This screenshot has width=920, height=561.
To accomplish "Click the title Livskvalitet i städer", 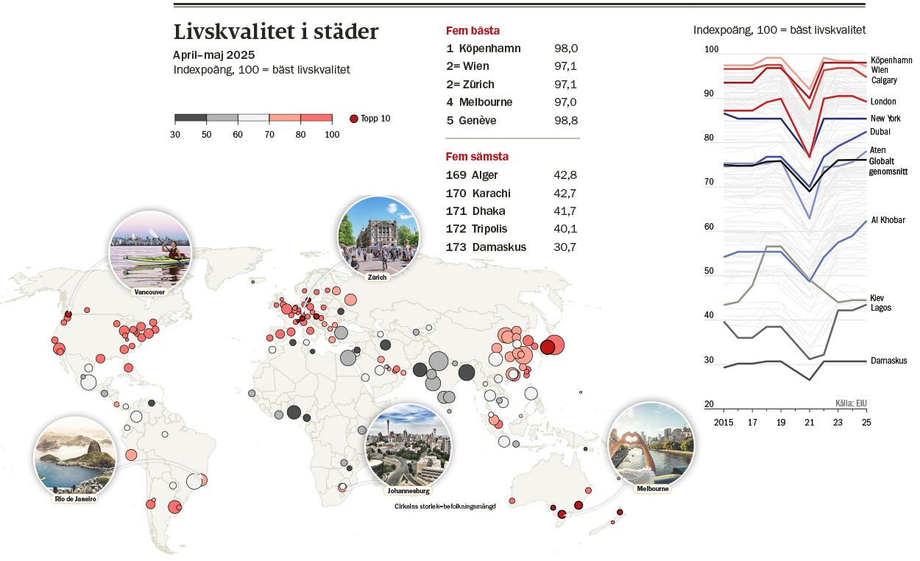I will click(276, 32).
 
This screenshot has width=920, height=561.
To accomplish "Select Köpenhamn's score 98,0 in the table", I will click(566, 49).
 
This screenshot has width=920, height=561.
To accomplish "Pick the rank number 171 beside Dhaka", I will click(457, 211).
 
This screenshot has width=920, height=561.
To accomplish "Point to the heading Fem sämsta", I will click(477, 157).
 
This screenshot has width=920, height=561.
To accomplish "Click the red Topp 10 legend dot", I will click(353, 119).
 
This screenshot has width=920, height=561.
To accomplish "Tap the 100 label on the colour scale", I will click(332, 134).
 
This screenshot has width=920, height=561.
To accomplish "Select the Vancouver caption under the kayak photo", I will click(149, 292).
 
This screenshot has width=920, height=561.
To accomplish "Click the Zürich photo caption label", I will click(377, 277).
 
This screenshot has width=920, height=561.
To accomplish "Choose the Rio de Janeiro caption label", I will click(75, 498).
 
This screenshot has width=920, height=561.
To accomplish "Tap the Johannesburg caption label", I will click(408, 490).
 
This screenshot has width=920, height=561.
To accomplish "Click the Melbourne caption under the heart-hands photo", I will click(652, 489).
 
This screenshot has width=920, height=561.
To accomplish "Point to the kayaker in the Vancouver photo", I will click(174, 252).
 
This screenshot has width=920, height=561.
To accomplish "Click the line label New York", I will click(885, 119).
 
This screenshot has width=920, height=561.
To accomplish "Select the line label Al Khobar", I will click(888, 220).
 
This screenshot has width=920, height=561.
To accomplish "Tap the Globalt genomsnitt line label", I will click(888, 166).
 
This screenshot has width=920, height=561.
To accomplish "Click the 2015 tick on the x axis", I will click(724, 423).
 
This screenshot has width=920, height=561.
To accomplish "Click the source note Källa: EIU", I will click(851, 403).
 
